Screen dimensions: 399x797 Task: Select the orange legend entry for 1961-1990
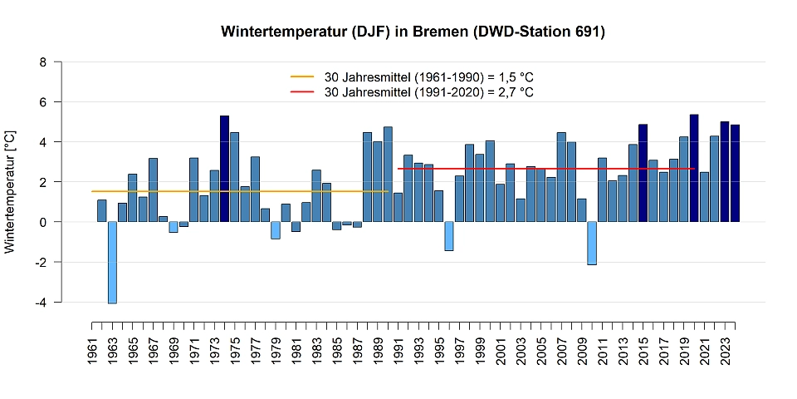[411, 76]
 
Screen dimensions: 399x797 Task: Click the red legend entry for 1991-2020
[411, 92]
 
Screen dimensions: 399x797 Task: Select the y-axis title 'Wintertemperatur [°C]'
[10, 191]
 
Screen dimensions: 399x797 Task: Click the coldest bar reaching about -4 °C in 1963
[112, 262]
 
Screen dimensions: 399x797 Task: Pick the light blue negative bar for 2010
[592, 243]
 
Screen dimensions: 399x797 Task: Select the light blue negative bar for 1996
[449, 236]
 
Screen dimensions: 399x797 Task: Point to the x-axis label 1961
[92, 349]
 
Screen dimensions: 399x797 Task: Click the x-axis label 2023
[725, 349]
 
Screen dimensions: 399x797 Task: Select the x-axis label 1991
[398, 349]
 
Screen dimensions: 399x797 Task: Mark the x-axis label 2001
[501, 349]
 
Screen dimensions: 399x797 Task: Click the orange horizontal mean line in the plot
[241, 191]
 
